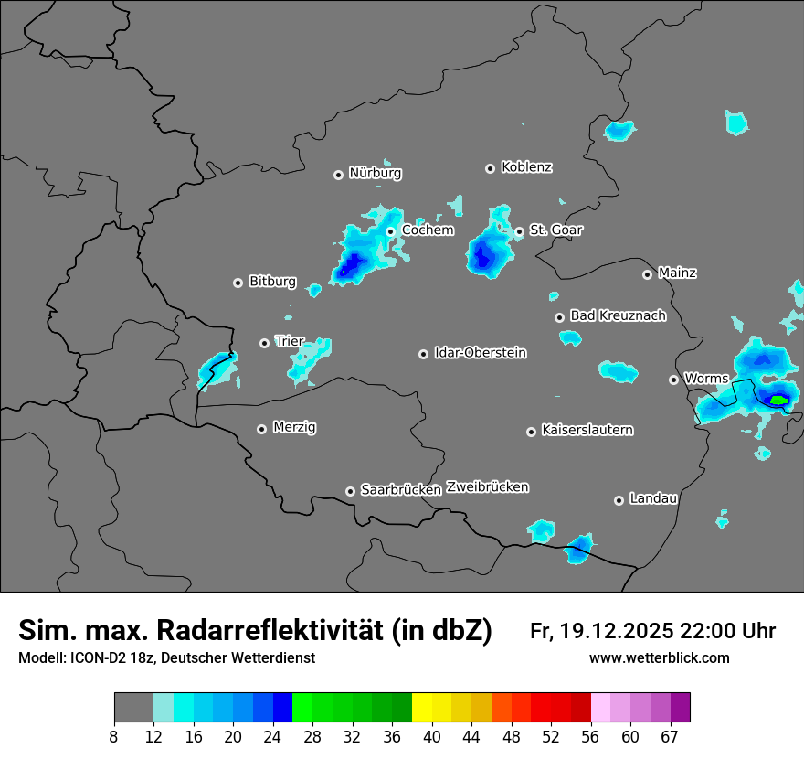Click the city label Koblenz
click(526, 167)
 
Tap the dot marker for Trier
click(265, 343)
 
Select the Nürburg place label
click(375, 173)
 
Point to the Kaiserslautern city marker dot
click(531, 432)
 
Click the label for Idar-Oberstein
click(480, 353)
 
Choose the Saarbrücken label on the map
click(401, 490)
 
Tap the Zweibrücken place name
click(488, 487)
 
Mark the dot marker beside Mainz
click(647, 274)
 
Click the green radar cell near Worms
click(778, 400)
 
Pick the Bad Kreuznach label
click(618, 315)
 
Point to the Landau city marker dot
click(619, 500)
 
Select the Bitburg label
click(272, 282)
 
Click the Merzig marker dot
click(261, 429)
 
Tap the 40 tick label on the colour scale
click(432, 736)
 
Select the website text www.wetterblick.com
click(659, 658)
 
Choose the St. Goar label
click(555, 230)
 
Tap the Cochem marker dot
click(390, 231)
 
